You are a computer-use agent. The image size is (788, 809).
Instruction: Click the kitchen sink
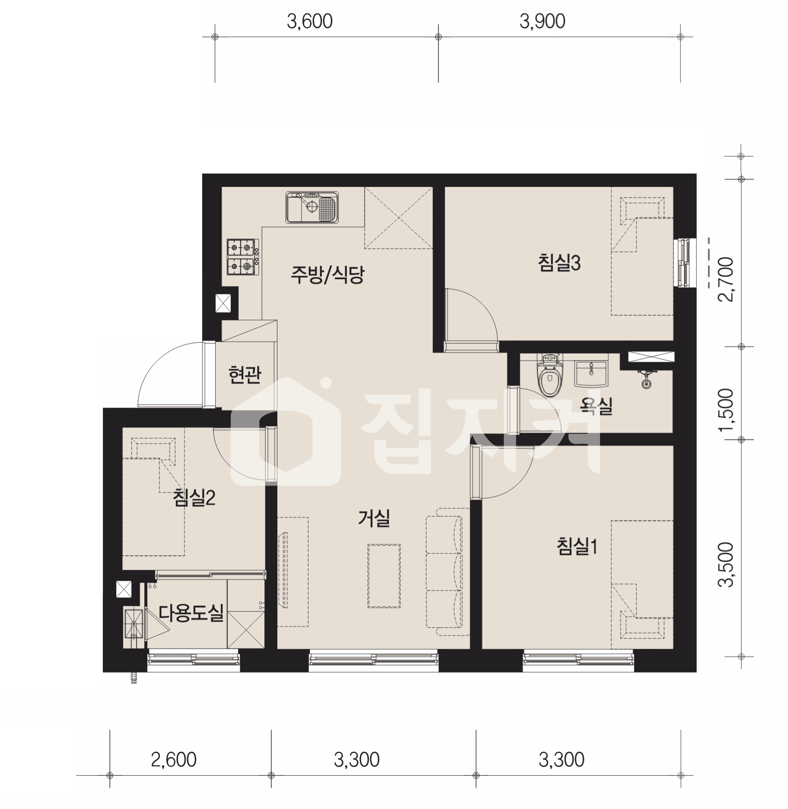point(311,207)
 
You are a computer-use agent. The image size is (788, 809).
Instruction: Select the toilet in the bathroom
point(550,374)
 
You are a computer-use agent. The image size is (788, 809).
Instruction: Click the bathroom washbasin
point(591,374)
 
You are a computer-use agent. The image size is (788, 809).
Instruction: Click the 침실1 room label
point(577,546)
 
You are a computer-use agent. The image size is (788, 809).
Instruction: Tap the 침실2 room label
point(194,498)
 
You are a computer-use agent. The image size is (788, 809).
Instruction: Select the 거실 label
point(374,518)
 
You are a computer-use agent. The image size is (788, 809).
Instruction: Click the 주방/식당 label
point(327,274)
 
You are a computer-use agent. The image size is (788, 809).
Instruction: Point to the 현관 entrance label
point(245,374)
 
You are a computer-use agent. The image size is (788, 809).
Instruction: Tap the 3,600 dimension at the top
point(310,21)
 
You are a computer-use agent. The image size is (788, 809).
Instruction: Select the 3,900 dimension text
point(542,21)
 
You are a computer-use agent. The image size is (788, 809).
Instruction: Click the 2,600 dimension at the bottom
point(174,759)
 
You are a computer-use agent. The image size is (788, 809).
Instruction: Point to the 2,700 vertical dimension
point(725,279)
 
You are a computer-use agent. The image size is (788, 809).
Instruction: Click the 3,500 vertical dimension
point(725,565)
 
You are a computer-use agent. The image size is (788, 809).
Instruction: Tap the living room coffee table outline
point(384,575)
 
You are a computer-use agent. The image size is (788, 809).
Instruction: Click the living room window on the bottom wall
point(373,659)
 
